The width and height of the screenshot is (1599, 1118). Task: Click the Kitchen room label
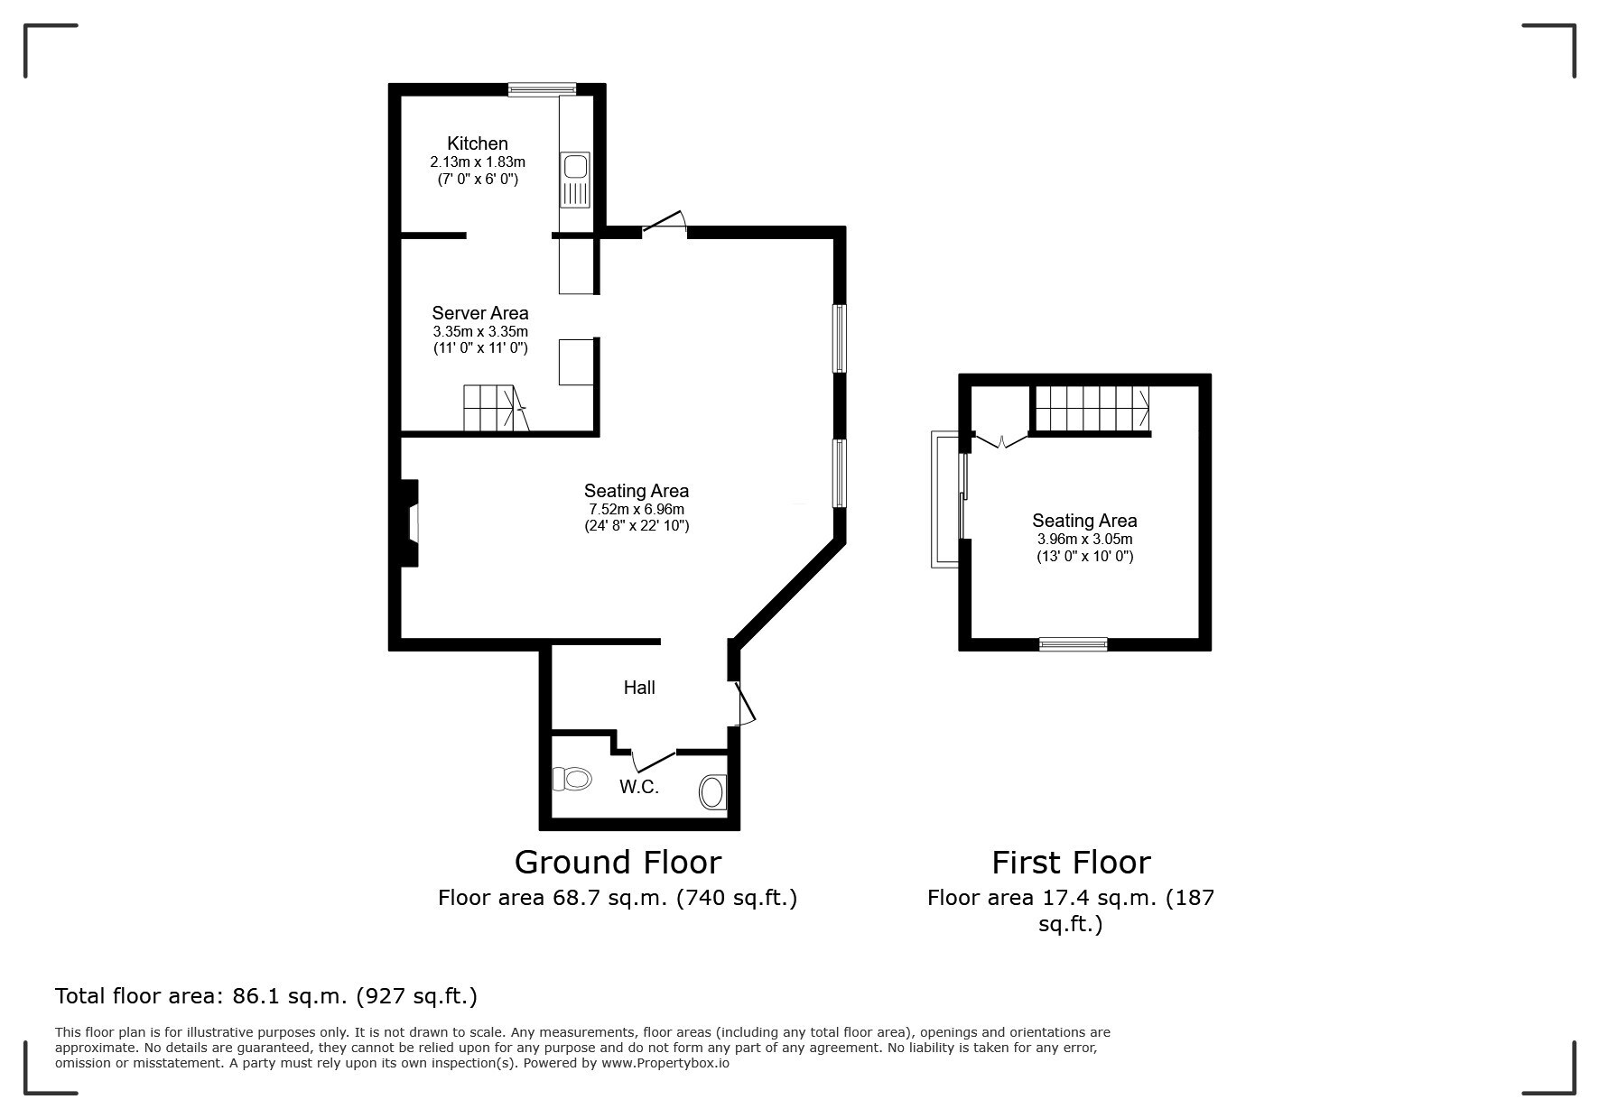point(477,143)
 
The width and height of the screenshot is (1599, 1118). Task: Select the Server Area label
point(479,313)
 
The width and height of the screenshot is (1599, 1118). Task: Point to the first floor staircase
point(1092,409)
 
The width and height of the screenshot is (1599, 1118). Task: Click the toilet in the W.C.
point(572,778)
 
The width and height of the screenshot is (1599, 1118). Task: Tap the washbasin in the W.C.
point(712,792)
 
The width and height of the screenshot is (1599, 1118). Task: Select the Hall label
point(639,688)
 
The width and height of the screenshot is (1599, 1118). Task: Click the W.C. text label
point(638,787)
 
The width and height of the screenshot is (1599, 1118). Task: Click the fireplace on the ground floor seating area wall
point(409,522)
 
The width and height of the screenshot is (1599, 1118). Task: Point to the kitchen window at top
point(542,88)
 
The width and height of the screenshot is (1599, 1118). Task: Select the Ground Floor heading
point(618,862)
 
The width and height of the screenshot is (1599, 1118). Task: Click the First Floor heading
point(1071,862)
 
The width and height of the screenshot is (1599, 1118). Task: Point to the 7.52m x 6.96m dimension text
point(636,509)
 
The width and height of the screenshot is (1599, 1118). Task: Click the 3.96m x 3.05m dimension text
point(1084,539)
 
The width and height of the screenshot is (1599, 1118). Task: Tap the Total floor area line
point(266,996)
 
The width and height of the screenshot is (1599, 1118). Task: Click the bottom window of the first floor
point(1073,643)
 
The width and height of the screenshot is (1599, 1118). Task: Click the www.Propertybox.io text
point(665,1063)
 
